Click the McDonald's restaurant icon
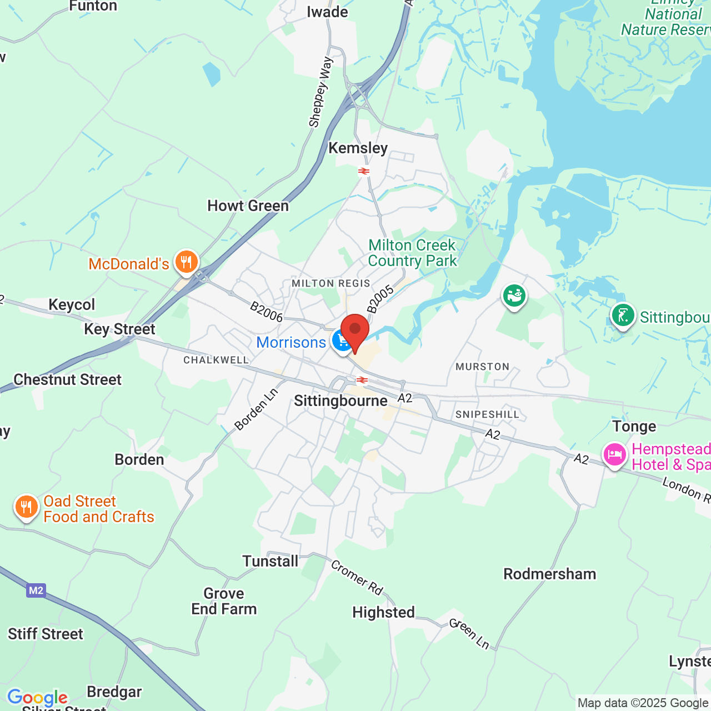tap(186, 262)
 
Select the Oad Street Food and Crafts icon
tap(26, 507)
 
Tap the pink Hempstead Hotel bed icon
tap(614, 455)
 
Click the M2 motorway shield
tap(36, 590)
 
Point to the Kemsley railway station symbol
tap(364, 171)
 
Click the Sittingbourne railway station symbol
tap(362, 380)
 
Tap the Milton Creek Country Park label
tap(412, 253)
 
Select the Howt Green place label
tap(248, 206)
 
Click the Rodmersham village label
tap(549, 574)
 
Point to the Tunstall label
tap(270, 562)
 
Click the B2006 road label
tap(266, 312)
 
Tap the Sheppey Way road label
tap(321, 92)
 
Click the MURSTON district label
tap(482, 367)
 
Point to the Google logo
tap(37, 698)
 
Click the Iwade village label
tap(327, 12)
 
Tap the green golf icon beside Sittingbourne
tap(623, 316)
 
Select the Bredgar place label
tap(114, 692)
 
